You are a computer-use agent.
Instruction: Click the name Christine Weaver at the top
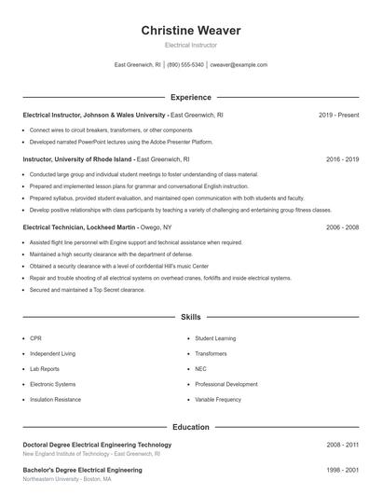pos(190,31)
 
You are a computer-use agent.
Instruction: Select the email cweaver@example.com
pos(239,65)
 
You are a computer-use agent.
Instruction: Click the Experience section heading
pos(190,97)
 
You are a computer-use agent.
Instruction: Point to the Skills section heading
pos(190,318)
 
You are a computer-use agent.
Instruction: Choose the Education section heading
pos(190,427)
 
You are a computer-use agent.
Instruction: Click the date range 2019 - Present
pos(338,116)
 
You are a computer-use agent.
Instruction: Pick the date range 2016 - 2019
pos(342,159)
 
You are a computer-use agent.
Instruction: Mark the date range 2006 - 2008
pos(342,227)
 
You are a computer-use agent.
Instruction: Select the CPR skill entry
pos(35,338)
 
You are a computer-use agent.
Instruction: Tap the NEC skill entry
pos(200,368)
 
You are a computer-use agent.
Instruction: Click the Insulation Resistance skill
pos(55,398)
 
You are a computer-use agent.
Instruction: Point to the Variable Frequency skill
pos(218,398)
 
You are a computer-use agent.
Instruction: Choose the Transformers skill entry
pos(211,353)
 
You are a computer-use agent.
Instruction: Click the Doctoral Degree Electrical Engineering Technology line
pos(97,446)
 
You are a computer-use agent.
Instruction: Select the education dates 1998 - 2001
pos(342,471)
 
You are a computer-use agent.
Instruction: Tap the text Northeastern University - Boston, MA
pos(69,480)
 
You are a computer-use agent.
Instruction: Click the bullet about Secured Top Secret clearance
pos(88,290)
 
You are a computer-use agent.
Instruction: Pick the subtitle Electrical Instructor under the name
pos(190,45)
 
